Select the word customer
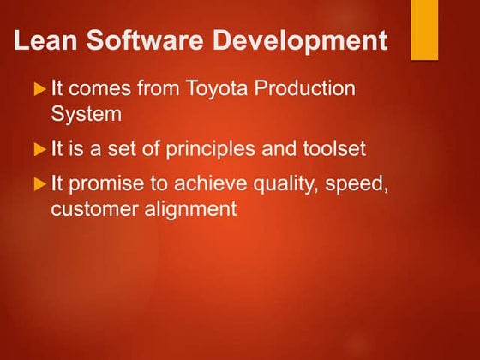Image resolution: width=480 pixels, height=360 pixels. (92, 209)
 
